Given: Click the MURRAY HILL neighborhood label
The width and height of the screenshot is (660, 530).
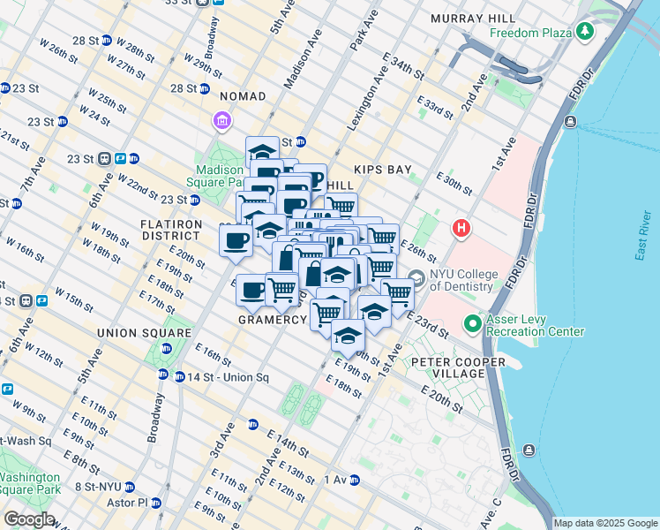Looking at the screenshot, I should pyautogui.click(x=474, y=19).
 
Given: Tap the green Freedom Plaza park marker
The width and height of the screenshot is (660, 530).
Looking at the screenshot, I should pyautogui.click(x=583, y=34).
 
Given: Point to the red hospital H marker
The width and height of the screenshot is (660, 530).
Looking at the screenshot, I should pyautogui.click(x=460, y=229).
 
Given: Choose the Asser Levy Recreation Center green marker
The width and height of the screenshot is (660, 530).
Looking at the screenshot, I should pyautogui.click(x=472, y=324).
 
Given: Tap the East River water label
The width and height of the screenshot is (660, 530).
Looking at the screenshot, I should pyautogui.click(x=642, y=238).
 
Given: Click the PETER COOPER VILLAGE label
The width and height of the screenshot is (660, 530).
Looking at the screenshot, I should pyautogui.click(x=458, y=367).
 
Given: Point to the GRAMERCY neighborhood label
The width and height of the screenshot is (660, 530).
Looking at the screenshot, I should pyautogui.click(x=272, y=320).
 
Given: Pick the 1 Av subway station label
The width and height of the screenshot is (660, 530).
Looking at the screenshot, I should pyautogui.click(x=335, y=480).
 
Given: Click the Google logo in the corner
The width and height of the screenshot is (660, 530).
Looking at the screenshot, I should pyautogui.click(x=28, y=519).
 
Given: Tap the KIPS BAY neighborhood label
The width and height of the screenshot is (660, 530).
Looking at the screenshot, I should pyautogui.click(x=379, y=168).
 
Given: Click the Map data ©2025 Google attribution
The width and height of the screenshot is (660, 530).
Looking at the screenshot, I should pyautogui.click(x=605, y=523).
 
